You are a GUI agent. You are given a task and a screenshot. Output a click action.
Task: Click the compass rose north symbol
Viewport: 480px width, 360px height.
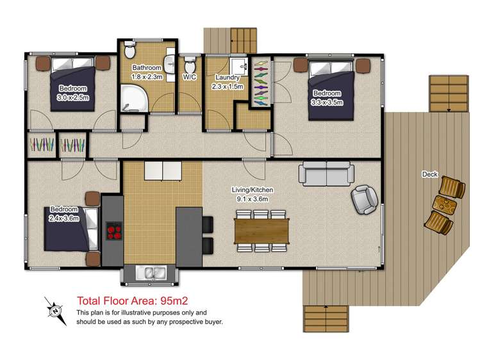coord(55,311)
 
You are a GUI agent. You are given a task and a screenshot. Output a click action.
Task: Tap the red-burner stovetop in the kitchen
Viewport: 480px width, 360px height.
coord(114,231)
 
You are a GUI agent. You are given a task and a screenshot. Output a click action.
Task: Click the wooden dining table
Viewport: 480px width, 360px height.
coord(261,231)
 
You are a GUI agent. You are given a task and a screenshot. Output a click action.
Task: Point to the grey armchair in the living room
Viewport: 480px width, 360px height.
coord(364,199)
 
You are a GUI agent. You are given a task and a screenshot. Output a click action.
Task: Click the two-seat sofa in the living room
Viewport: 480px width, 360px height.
coord(326,174)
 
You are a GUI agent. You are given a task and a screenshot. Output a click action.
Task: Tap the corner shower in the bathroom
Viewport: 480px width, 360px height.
coord(134,98)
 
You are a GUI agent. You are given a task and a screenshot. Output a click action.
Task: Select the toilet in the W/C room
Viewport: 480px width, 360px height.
coord(190,65)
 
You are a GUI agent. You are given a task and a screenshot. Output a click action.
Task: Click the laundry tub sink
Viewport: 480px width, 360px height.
coord(239,67)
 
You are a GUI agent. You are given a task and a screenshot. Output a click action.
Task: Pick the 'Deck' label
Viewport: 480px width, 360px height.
coord(430,174)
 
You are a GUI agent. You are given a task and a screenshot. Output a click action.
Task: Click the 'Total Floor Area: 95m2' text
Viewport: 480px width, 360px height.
coord(132,301)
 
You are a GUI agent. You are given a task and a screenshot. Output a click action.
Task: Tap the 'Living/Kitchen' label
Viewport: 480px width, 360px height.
coord(252,190)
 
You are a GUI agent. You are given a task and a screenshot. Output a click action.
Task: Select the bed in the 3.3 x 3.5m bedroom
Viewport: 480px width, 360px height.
coord(331,90)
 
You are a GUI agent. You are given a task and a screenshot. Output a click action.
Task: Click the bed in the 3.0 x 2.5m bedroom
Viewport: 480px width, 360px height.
coord(73,84)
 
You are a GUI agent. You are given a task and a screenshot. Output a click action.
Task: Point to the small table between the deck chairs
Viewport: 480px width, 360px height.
coord(445,204)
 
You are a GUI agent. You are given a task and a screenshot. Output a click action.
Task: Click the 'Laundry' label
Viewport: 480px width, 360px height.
coord(227,78)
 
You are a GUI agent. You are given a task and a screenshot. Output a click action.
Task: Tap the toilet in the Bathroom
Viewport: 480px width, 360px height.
coord(130,50)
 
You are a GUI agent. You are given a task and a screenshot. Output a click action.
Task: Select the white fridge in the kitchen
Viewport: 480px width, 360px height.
coord(163,170)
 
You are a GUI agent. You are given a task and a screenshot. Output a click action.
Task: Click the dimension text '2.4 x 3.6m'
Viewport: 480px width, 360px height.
coord(64,218)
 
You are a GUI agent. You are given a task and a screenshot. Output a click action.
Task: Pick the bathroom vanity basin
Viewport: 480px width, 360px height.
coord(169,63)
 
